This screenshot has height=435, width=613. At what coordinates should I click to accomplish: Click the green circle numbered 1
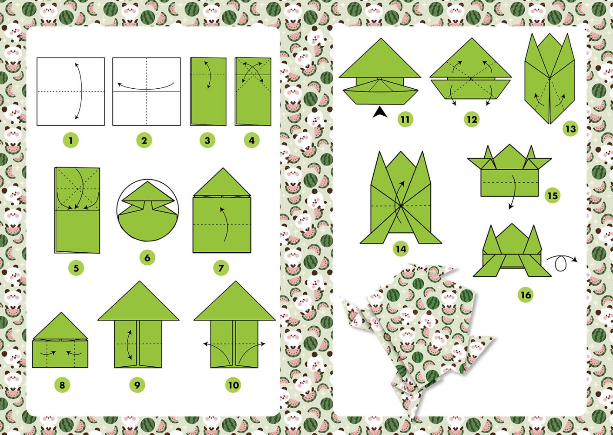click(x=71, y=141)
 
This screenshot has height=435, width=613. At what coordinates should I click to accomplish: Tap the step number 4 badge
click(x=251, y=141)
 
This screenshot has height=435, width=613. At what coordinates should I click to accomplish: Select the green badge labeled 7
click(x=221, y=268)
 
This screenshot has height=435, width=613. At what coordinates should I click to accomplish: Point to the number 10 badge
click(x=234, y=385)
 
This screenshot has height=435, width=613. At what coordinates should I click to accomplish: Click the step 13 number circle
click(x=571, y=129)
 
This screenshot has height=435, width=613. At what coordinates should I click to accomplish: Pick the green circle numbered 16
click(x=526, y=295)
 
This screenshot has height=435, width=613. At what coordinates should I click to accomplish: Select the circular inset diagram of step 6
click(x=147, y=210)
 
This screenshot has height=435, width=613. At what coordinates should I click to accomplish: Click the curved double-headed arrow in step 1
click(x=81, y=91)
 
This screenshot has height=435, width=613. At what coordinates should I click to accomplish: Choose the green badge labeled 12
click(x=472, y=119)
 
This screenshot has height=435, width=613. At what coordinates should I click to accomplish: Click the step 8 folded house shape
click(x=60, y=341)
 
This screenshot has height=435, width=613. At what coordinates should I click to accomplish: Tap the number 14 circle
click(x=401, y=249)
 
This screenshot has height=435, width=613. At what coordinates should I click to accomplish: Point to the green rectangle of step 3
click(x=208, y=91)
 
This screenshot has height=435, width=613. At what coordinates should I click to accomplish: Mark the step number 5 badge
click(x=76, y=268)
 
